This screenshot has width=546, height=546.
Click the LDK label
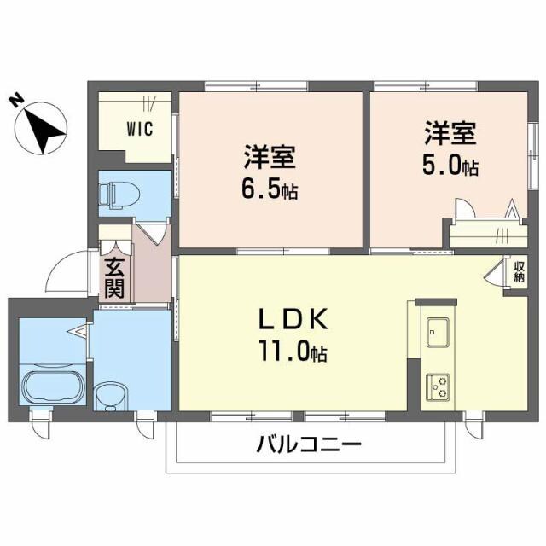coord(293,320)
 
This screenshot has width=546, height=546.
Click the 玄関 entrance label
coord(114,278)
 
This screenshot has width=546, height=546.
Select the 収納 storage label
coord(519,272)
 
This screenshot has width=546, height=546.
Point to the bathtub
coord(51,388)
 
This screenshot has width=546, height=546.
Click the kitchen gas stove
coord(440,386)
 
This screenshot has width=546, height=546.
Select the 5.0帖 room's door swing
coord(465,209)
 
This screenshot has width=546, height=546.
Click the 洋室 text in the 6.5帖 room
coord(269,158)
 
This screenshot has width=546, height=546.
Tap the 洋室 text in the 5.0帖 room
coord(450,135)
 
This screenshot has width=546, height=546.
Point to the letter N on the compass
coord(15,101)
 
